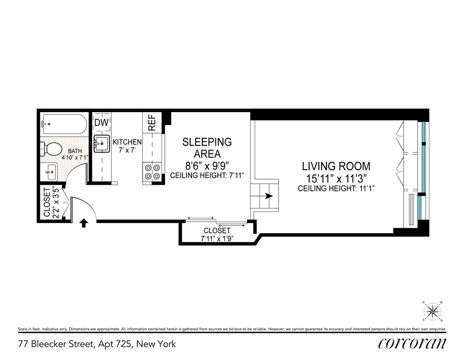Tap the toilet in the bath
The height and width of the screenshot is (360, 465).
pyautogui.click(x=51, y=149)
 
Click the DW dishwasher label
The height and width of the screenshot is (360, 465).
pyautogui.click(x=102, y=122)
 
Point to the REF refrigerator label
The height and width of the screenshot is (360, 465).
pyautogui.click(x=152, y=122)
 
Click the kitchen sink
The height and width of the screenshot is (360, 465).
pyautogui.click(x=102, y=144)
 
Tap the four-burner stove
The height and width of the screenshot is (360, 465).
pyautogui.click(x=152, y=172)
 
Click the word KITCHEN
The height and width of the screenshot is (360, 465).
pyautogui.click(x=127, y=142)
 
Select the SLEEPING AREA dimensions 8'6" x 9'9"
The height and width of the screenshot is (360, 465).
pyautogui.click(x=207, y=165)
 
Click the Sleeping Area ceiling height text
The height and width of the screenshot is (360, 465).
pyautogui.click(x=207, y=175)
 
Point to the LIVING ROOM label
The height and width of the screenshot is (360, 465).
pyautogui.click(x=336, y=166)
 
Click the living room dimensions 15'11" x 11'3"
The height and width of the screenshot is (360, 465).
pyautogui.click(x=336, y=179)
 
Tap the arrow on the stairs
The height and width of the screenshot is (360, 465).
pyautogui.click(x=269, y=196)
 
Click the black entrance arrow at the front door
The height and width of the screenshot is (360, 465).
pyautogui.click(x=84, y=223)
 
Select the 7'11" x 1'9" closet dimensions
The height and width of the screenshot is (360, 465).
pyautogui.click(x=217, y=238)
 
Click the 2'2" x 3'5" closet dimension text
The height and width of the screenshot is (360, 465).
pyautogui.click(x=55, y=202)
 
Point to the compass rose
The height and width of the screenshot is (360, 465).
pyautogui.click(x=432, y=311)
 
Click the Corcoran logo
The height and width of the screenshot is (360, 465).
pyautogui.click(x=412, y=344)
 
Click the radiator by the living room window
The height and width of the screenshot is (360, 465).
pyautogui.click(x=411, y=210)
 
